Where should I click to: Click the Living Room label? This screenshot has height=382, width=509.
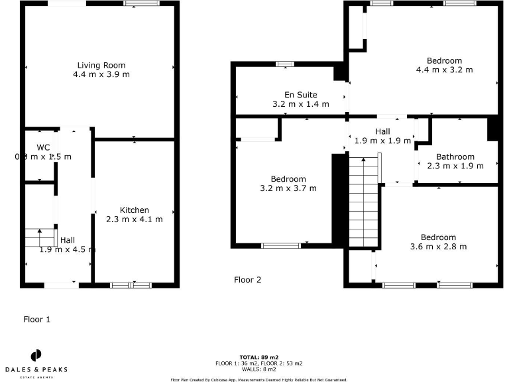coord(101,65)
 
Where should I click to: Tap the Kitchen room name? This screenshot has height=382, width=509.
coord(134,210)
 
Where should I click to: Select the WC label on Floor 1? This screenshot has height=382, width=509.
coord(43,147)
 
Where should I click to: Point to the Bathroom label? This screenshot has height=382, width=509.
coord(455,157)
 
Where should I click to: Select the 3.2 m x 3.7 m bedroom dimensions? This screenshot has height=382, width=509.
coord(288,188)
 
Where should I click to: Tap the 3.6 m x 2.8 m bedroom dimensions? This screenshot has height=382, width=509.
coord(438,247)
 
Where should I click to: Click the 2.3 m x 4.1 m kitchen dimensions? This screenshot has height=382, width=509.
coord(134,220)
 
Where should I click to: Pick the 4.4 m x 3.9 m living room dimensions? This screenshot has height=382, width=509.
coord(101,74)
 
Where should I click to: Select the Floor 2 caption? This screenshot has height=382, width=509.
coord(247,280)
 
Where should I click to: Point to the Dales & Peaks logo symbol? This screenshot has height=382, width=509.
coord(36,355)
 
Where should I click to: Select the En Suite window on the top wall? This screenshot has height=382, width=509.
coord(285,64)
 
